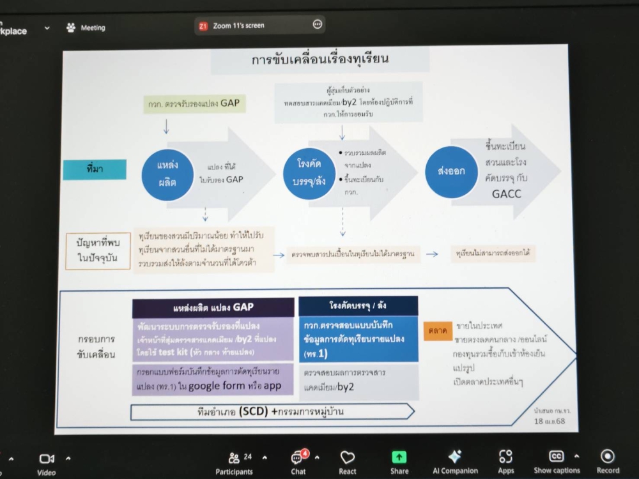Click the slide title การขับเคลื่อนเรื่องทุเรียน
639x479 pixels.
pos(321,61)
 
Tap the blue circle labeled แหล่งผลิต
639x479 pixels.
pos(167,172)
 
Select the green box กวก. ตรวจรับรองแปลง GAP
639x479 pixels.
pos(195,104)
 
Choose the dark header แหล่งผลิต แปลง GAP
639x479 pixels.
pos(213,307)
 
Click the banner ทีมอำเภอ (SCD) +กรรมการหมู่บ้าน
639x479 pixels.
pos(270,412)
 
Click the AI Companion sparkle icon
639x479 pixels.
pos(454,457)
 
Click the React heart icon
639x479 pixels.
pos(348,457)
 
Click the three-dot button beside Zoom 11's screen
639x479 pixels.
pos(318,25)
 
